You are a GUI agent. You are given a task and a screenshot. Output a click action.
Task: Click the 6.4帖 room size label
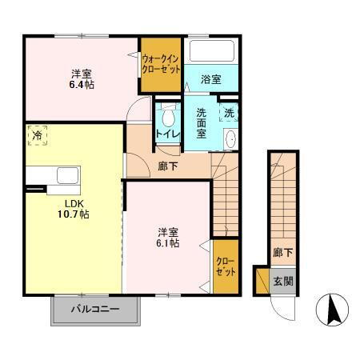click(80, 83)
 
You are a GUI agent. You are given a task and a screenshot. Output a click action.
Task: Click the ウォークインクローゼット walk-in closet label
click(160, 63)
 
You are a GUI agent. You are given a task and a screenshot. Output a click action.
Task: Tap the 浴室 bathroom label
click(210, 79)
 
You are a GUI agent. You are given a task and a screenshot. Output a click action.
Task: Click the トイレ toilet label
click(166, 134)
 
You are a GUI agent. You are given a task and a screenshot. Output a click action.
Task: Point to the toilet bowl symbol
click(167, 112)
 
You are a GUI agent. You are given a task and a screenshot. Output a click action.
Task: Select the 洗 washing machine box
click(229, 113)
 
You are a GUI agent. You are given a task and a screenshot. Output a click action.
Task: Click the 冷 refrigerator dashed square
click(37, 136)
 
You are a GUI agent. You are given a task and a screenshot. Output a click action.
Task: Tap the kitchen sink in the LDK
click(65, 175)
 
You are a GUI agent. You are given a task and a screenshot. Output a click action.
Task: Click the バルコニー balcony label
click(94, 307)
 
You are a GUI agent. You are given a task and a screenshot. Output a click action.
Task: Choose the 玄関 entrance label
click(282, 281)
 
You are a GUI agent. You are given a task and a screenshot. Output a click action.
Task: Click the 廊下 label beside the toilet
click(167, 167)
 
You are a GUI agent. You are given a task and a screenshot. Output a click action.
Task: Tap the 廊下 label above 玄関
click(282, 253)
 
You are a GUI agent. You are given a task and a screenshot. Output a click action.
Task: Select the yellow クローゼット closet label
click(225, 266)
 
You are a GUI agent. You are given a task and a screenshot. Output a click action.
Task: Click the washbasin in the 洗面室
click(230, 138)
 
